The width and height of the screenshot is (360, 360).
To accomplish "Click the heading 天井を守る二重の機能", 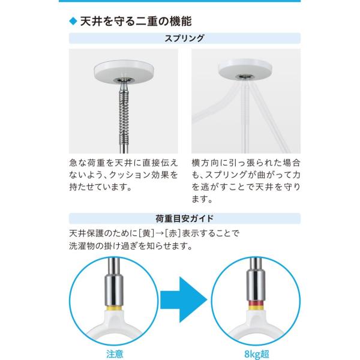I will (x=136, y=22).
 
